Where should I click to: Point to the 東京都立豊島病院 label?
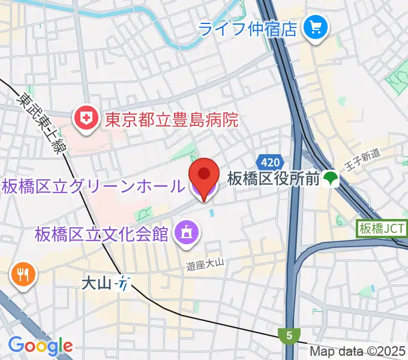[172, 120]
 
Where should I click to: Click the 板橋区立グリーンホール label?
[93, 187]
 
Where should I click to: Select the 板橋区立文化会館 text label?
[101, 233]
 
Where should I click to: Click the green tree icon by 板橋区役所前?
[329, 178]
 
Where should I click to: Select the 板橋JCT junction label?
[382, 229]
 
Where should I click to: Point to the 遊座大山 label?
[205, 262]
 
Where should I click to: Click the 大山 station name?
[97, 282]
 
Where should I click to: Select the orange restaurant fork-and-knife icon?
[23, 275]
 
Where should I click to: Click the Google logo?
[40, 346]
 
